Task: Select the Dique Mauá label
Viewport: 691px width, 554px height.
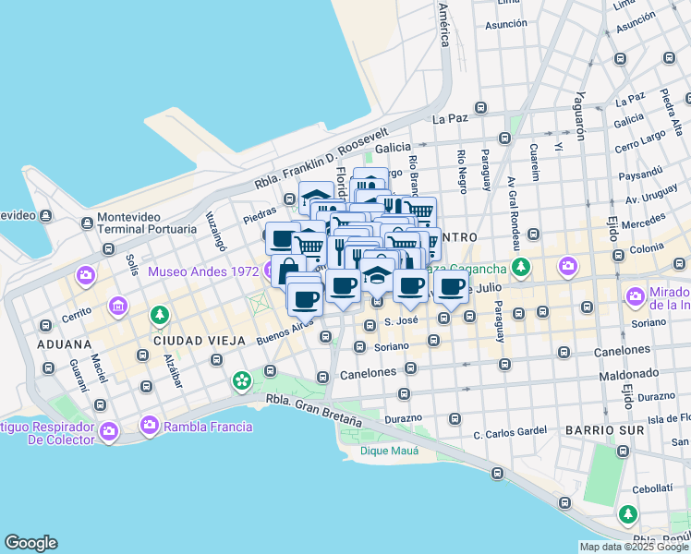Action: [389, 451]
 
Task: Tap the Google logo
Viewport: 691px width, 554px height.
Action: [30, 543]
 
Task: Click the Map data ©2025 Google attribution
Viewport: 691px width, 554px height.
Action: [634, 547]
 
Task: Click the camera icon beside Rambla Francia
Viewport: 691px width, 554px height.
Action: [150, 426]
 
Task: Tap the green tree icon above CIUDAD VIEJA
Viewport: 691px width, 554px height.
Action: [161, 315]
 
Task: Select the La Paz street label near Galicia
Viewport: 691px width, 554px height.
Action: [450, 119]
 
